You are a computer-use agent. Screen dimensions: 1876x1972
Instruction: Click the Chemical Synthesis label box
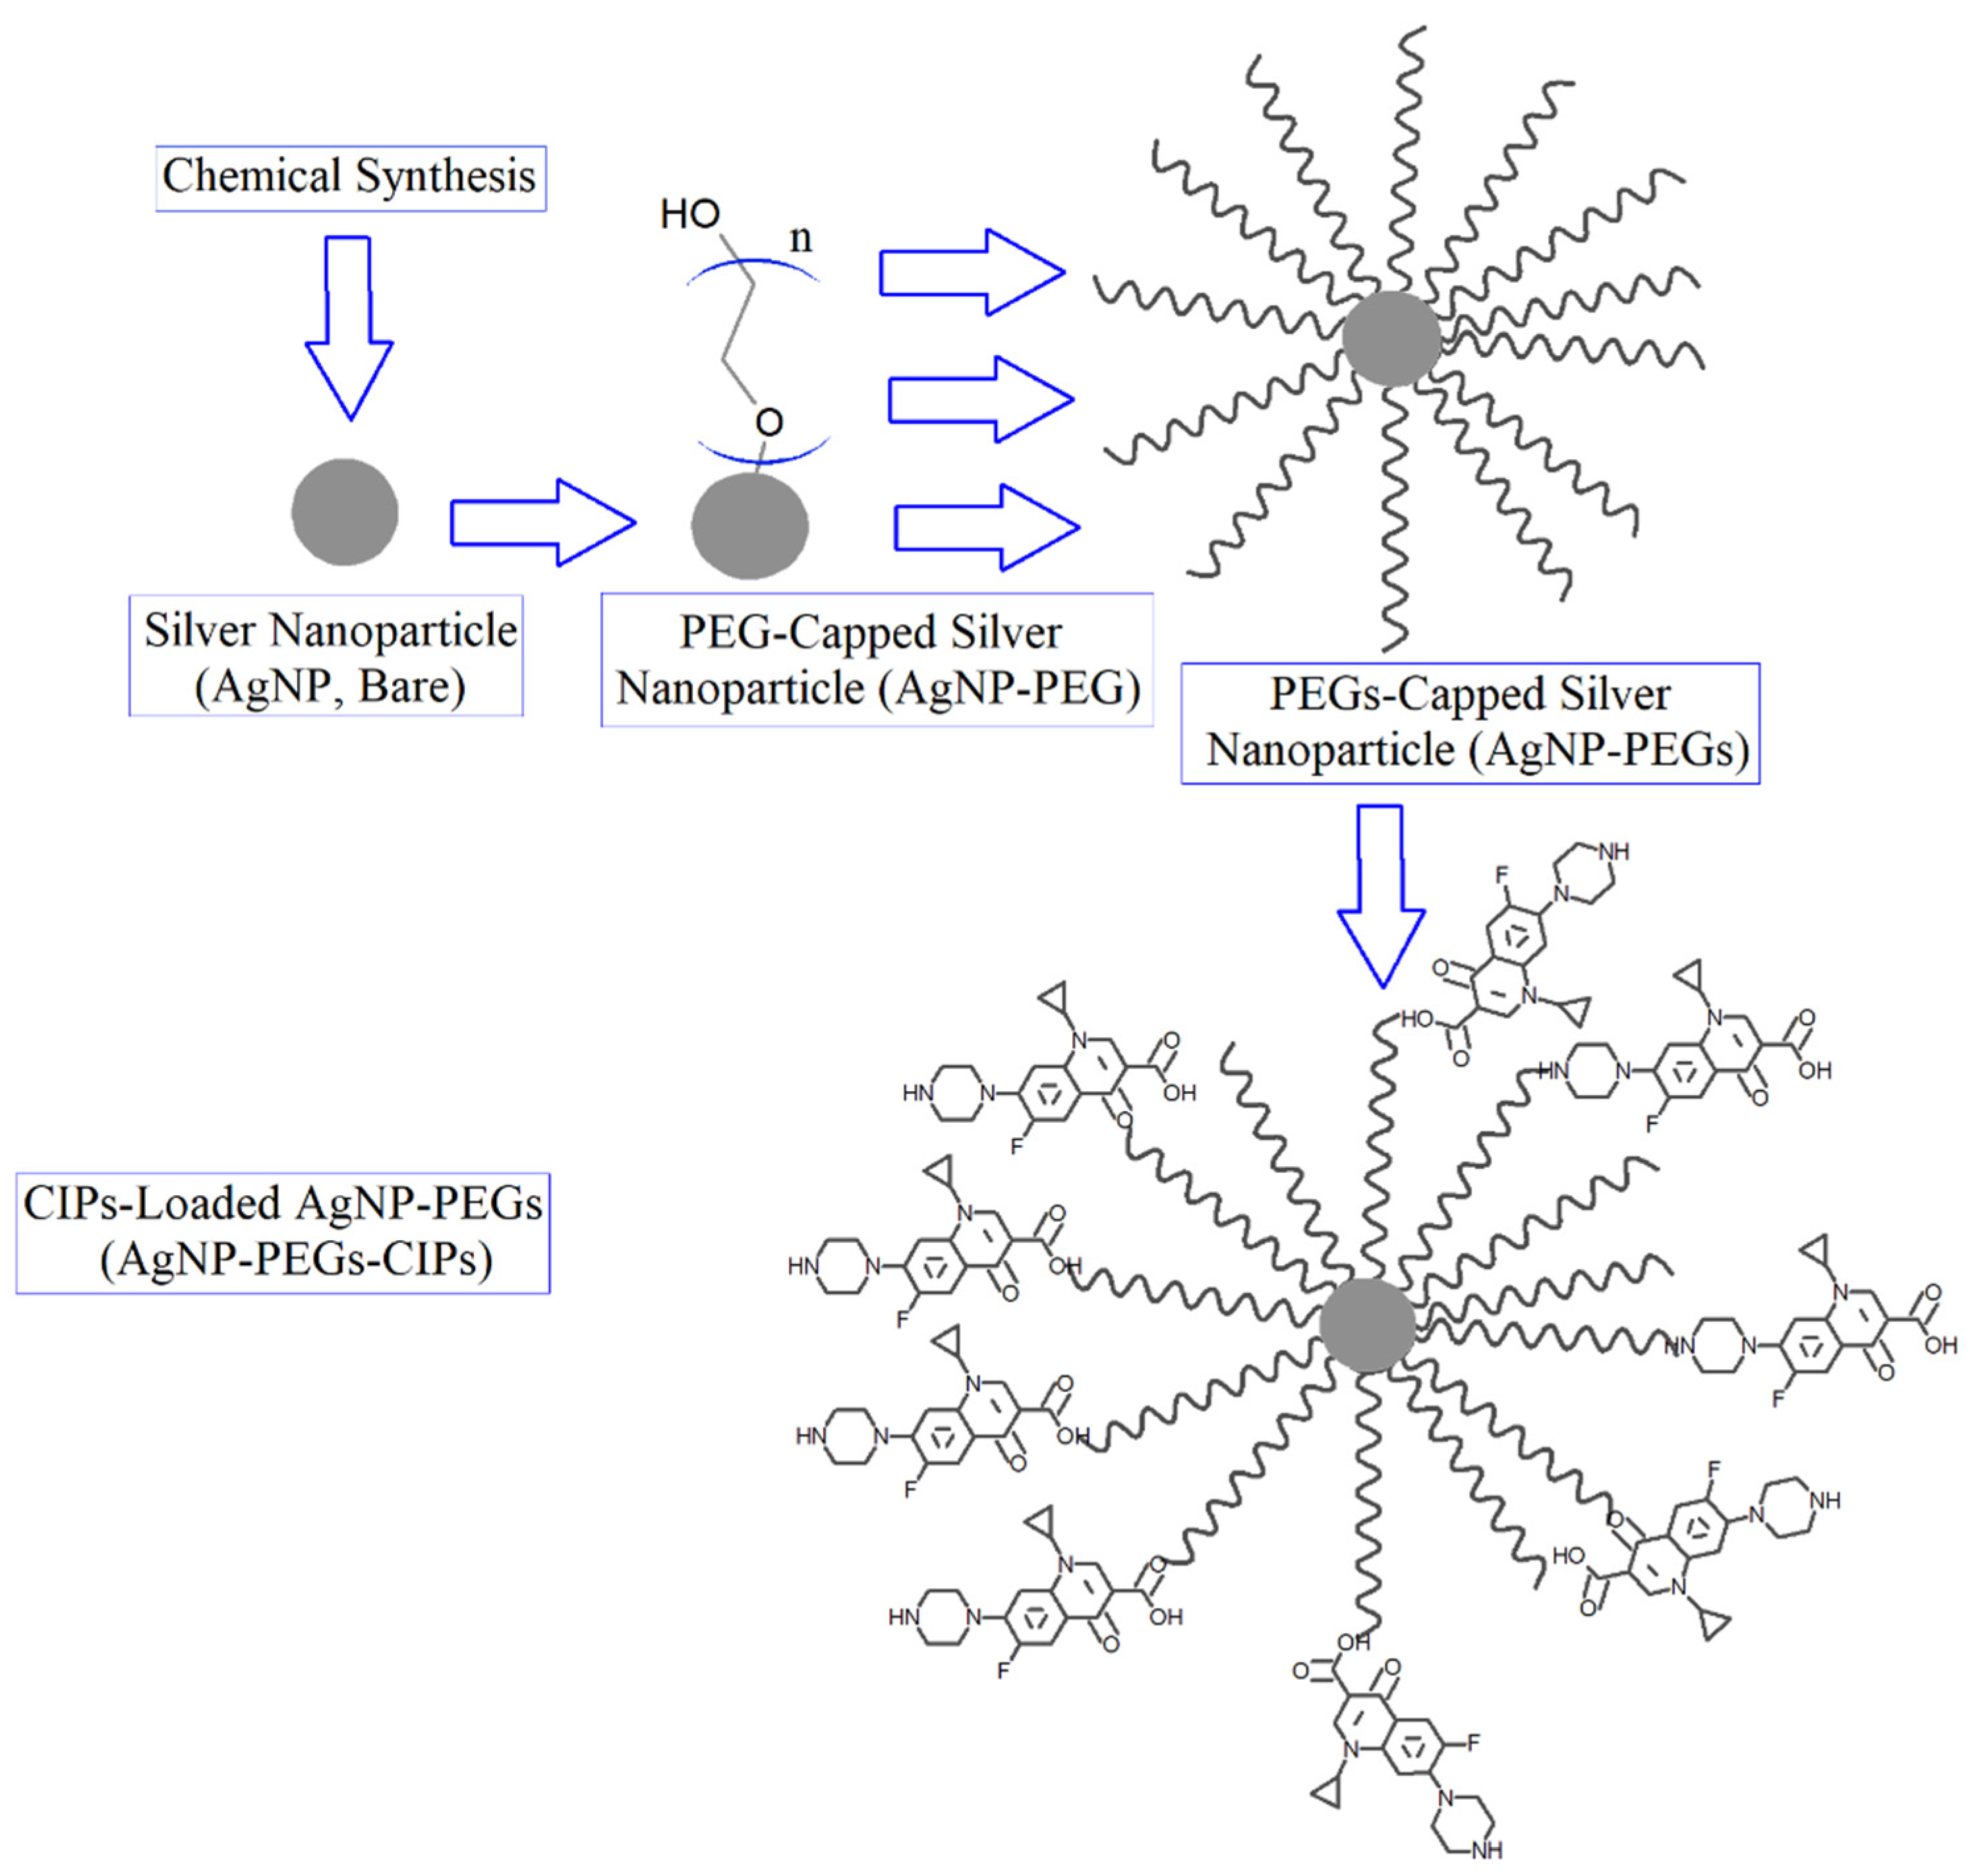pos(350,178)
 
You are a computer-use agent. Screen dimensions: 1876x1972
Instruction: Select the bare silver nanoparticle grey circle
pos(345,512)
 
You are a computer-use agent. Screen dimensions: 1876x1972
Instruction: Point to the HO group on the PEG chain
pos(690,214)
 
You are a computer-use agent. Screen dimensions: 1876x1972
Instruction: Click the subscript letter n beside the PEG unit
pos(801,239)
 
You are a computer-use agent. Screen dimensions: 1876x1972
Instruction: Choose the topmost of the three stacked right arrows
pos(971,273)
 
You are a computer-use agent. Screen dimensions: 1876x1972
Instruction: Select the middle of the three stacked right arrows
pos(980,399)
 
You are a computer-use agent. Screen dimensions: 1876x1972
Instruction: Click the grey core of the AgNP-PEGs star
pos(1391,339)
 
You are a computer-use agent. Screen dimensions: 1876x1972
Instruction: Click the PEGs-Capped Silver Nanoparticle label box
pos(1470,723)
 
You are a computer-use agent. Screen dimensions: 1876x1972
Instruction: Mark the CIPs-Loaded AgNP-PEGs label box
pos(283,1233)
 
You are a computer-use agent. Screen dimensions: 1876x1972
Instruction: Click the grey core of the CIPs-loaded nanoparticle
pos(1367,1325)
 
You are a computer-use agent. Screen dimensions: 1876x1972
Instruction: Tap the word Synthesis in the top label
pos(446,177)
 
